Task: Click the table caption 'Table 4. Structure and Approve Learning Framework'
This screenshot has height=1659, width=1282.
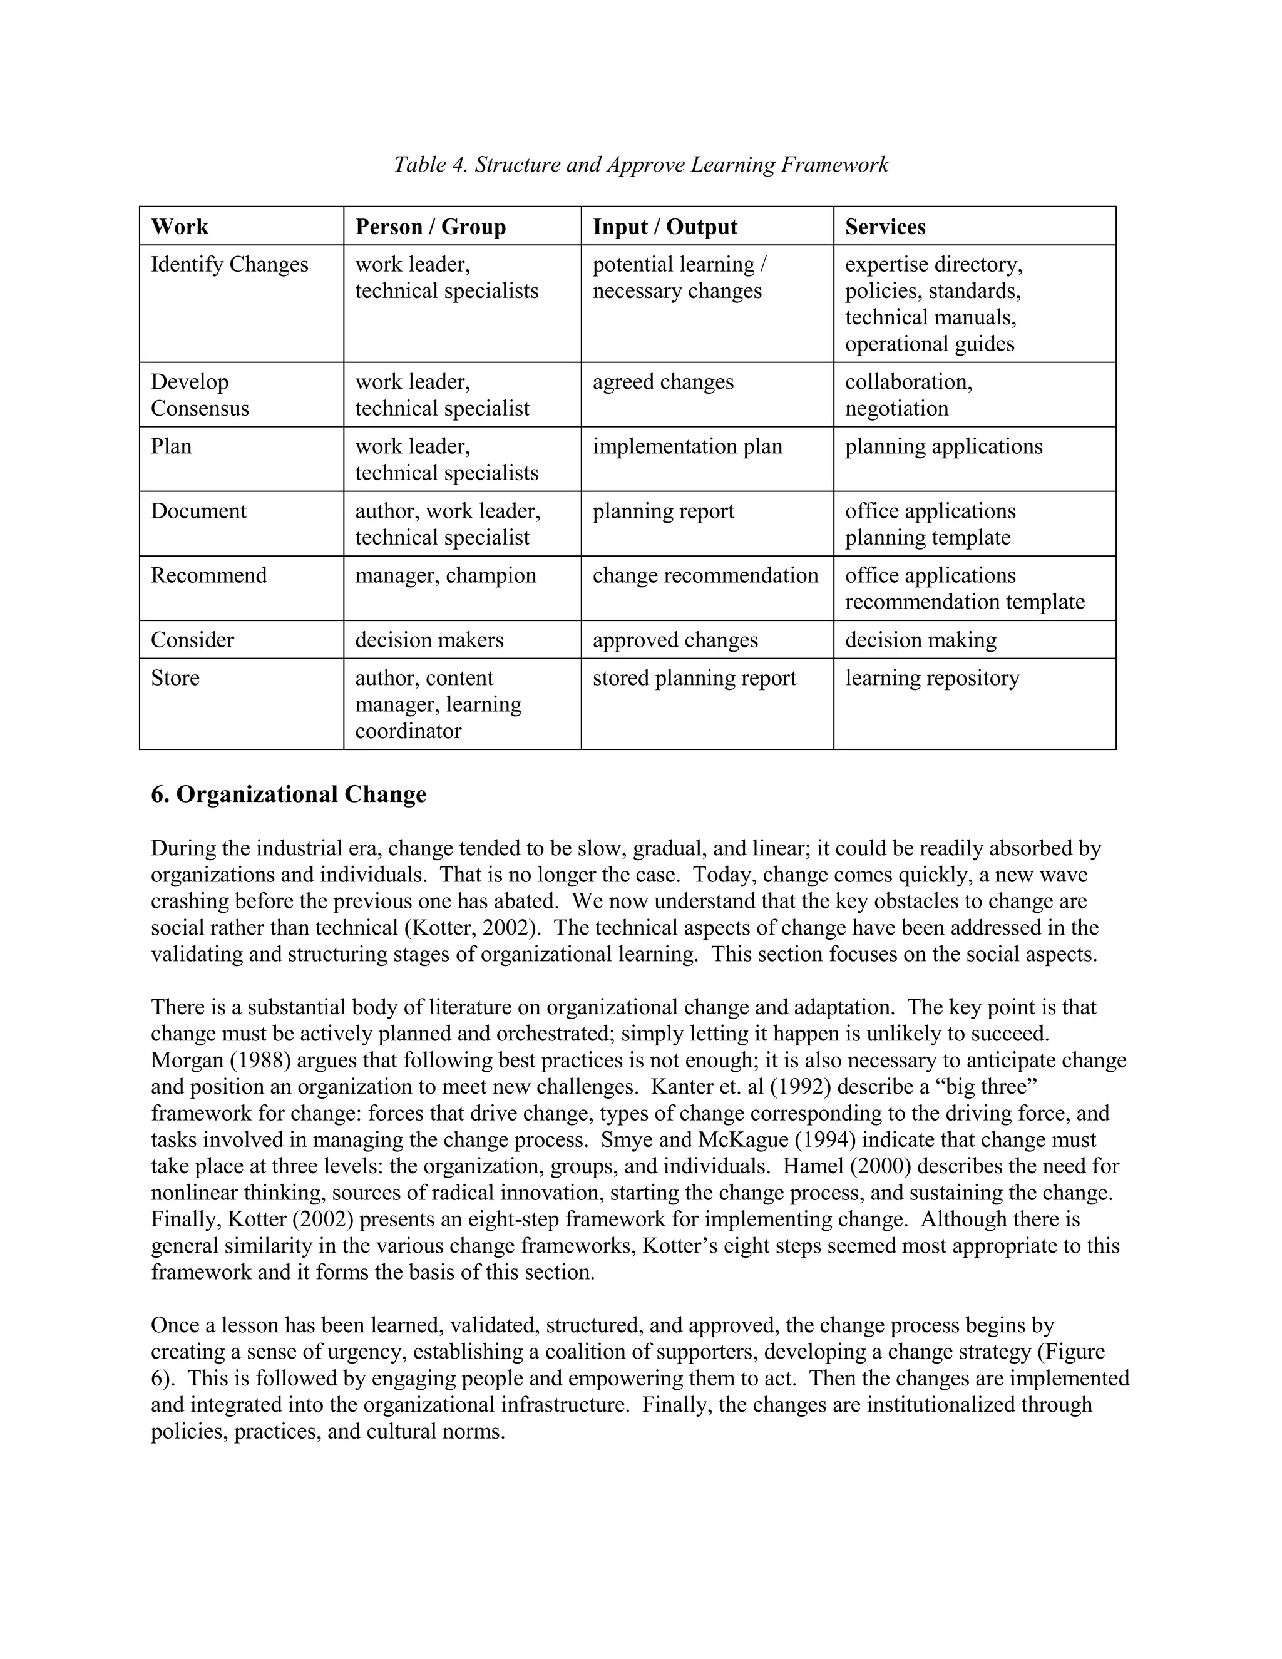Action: click(x=640, y=165)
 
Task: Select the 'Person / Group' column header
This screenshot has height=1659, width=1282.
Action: click(x=431, y=227)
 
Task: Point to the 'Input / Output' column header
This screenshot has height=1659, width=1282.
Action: click(x=665, y=227)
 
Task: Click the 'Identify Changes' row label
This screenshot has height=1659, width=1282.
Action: click(x=229, y=264)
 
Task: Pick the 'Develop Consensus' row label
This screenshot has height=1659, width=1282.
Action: click(x=200, y=395)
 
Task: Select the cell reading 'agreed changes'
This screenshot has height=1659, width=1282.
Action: click(x=663, y=381)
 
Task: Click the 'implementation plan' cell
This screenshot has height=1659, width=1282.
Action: click(x=687, y=446)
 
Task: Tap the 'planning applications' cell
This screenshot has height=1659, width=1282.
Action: click(x=943, y=446)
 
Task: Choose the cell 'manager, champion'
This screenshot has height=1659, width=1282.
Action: click(x=446, y=575)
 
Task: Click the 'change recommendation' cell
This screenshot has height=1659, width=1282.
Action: click(x=705, y=575)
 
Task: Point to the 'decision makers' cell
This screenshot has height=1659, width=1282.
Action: click(x=429, y=640)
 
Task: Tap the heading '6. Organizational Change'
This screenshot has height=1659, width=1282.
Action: click(x=289, y=794)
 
